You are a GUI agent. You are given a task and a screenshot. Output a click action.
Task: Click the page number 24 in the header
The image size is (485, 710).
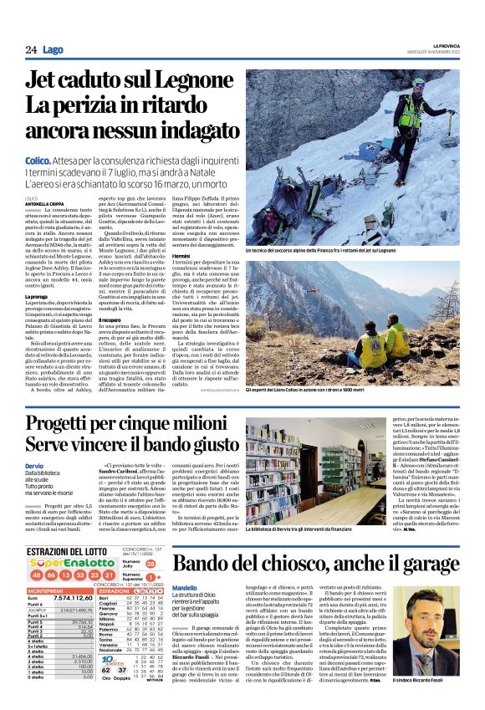(31, 50)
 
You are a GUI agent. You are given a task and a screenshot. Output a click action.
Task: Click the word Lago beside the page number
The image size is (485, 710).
(54, 50)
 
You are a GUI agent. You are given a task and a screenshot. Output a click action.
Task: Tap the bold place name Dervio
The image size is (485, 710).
(35, 466)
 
